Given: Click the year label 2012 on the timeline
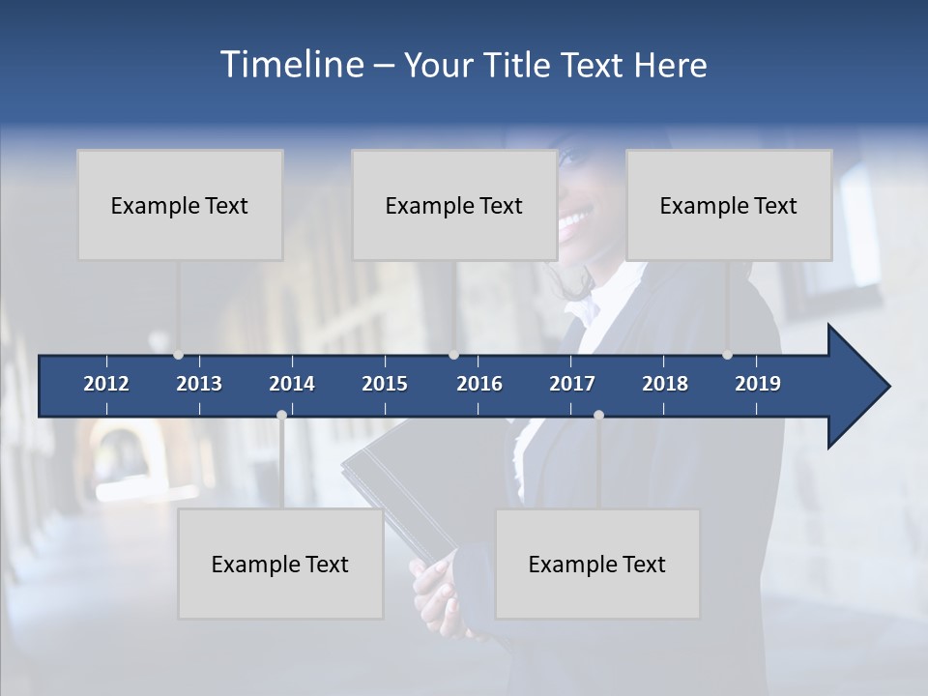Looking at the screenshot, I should click(x=106, y=384).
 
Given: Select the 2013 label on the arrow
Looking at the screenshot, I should click(x=199, y=384).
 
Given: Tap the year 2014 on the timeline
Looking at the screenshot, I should click(x=292, y=384).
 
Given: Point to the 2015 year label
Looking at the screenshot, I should click(x=385, y=384).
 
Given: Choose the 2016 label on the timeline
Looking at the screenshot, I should click(x=479, y=384).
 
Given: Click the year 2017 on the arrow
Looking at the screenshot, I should click(x=572, y=384).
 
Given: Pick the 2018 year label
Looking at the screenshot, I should click(x=665, y=384).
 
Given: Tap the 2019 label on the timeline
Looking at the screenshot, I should click(x=758, y=384).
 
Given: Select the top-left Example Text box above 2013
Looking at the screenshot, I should click(x=180, y=205).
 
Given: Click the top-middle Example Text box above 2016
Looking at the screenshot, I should click(x=454, y=205).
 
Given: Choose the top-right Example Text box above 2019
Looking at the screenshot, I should click(x=729, y=205).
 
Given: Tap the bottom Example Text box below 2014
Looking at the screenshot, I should click(x=280, y=564).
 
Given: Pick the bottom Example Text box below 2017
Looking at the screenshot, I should click(x=597, y=564).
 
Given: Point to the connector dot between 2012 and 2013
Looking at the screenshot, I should click(x=178, y=355).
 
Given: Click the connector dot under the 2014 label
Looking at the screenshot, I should click(x=281, y=415).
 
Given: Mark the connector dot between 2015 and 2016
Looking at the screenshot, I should click(x=453, y=355).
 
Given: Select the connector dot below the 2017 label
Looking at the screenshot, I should click(x=598, y=415).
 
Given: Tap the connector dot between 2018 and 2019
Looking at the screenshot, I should click(x=727, y=355).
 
